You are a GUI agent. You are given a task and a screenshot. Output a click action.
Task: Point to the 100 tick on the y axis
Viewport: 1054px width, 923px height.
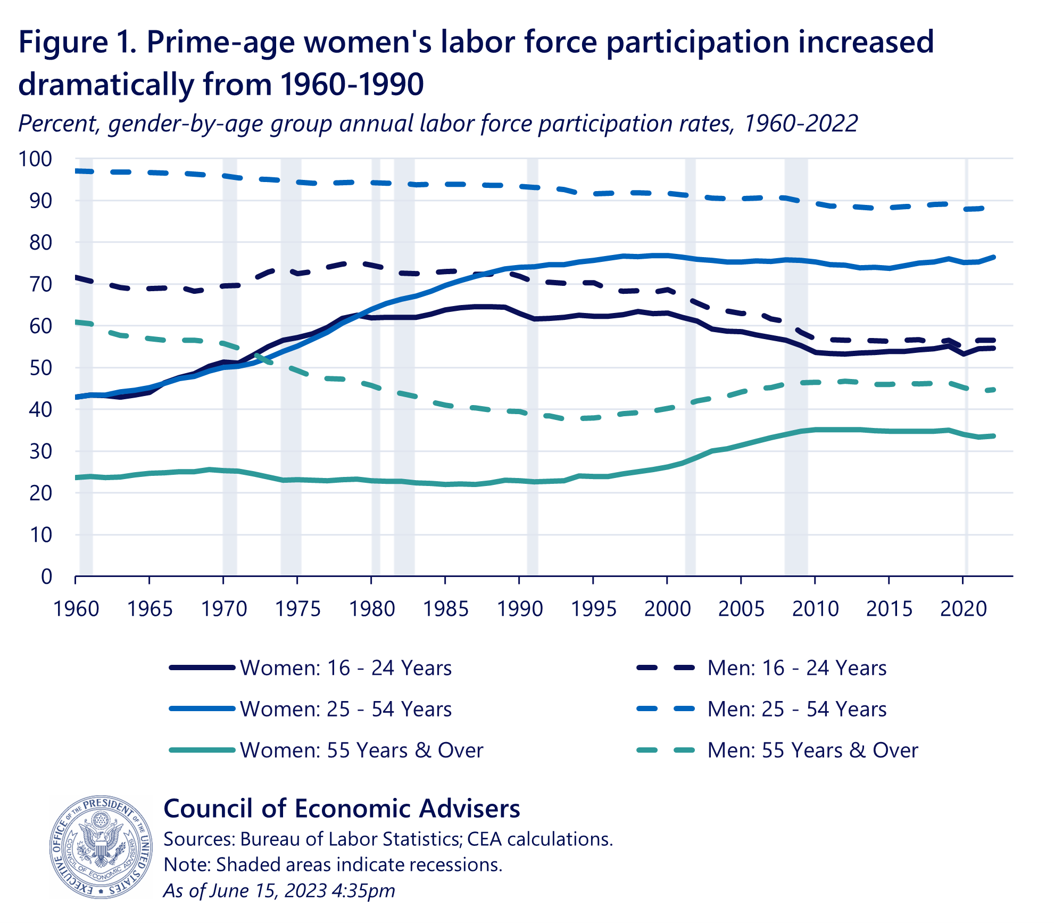click(x=35, y=159)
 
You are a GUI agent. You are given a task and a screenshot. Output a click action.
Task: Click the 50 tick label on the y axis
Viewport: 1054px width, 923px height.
click(x=40, y=367)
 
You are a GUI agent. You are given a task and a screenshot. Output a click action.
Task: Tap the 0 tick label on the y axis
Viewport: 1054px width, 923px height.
click(x=47, y=576)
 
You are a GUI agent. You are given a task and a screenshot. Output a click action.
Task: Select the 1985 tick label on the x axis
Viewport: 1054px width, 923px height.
click(x=445, y=608)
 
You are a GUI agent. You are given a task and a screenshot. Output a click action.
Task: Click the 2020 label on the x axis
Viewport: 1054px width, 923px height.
click(x=963, y=608)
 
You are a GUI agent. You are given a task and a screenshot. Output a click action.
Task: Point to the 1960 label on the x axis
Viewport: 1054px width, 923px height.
click(x=76, y=608)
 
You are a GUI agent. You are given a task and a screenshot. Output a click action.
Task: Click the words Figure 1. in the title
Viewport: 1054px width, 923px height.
click(x=77, y=42)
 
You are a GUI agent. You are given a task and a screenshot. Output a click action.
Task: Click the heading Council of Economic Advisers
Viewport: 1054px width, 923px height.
click(x=342, y=808)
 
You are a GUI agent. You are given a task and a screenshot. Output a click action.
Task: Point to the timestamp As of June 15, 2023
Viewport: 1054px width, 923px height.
click(x=279, y=891)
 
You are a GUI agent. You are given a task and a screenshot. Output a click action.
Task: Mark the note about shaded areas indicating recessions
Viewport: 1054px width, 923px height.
click(x=333, y=864)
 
